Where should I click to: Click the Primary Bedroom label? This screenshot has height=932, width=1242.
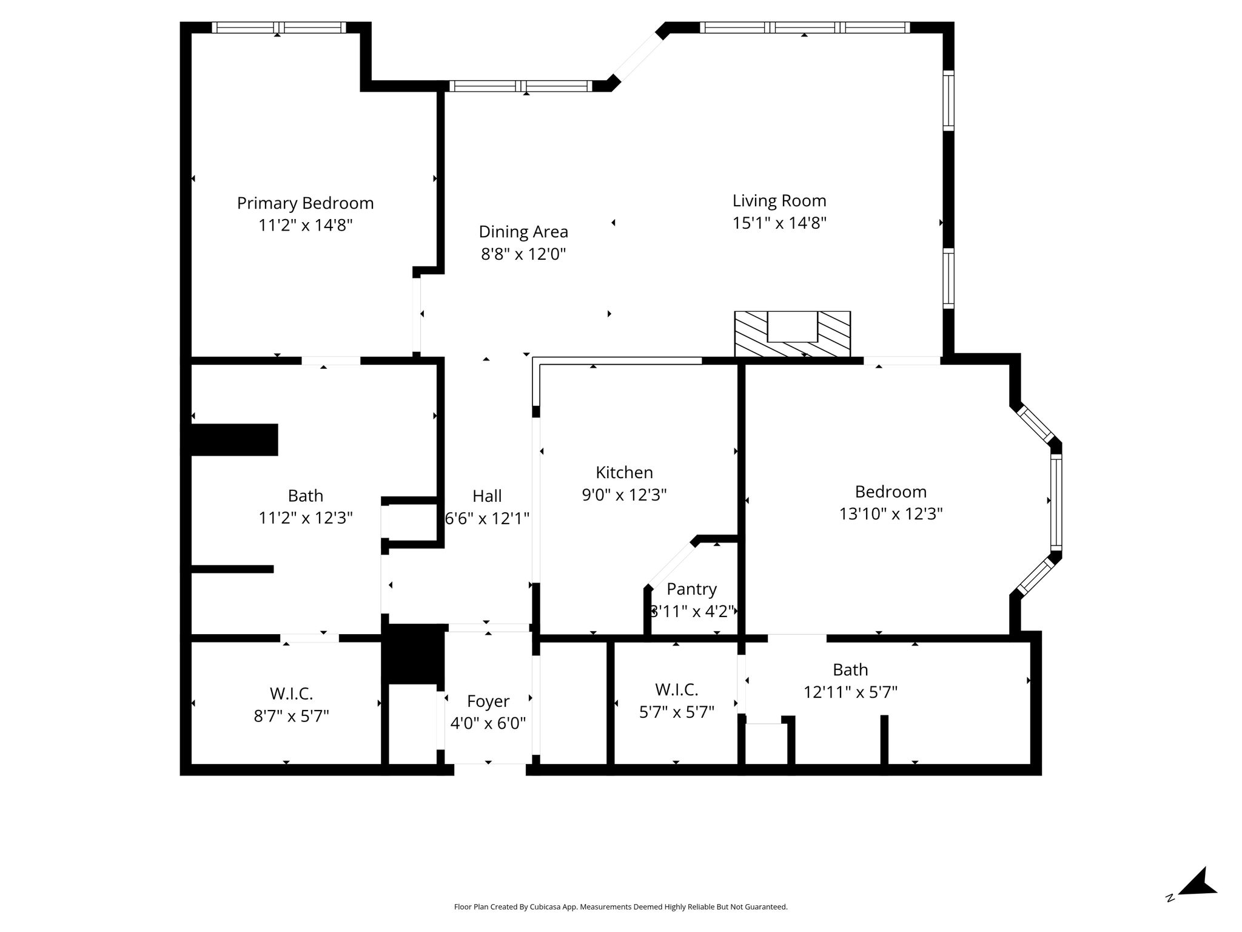click(x=305, y=203)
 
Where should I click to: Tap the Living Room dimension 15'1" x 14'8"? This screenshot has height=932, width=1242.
click(x=779, y=223)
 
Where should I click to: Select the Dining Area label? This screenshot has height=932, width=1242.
click(x=523, y=232)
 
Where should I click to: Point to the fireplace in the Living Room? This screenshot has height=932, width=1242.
click(x=792, y=334)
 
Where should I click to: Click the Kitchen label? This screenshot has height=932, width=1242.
click(x=624, y=472)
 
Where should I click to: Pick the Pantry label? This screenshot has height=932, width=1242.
click(x=691, y=589)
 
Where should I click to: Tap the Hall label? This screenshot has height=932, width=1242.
click(x=487, y=496)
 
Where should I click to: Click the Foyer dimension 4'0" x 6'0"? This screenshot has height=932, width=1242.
click(x=488, y=723)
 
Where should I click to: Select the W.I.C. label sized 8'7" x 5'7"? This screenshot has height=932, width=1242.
click(x=291, y=693)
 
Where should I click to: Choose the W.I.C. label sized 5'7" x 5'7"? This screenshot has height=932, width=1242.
click(x=676, y=689)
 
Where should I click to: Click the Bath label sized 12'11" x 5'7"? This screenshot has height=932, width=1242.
click(x=850, y=669)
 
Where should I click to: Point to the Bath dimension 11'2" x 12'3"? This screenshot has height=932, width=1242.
click(x=306, y=518)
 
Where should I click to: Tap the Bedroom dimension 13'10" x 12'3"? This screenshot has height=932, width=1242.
click(x=891, y=514)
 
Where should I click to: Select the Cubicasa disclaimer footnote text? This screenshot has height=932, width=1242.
click(x=620, y=907)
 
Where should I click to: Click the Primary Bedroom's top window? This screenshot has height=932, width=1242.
click(x=278, y=27)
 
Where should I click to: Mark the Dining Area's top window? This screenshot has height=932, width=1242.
click(x=520, y=86)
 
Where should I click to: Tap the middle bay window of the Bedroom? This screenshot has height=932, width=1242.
click(x=1056, y=502)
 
